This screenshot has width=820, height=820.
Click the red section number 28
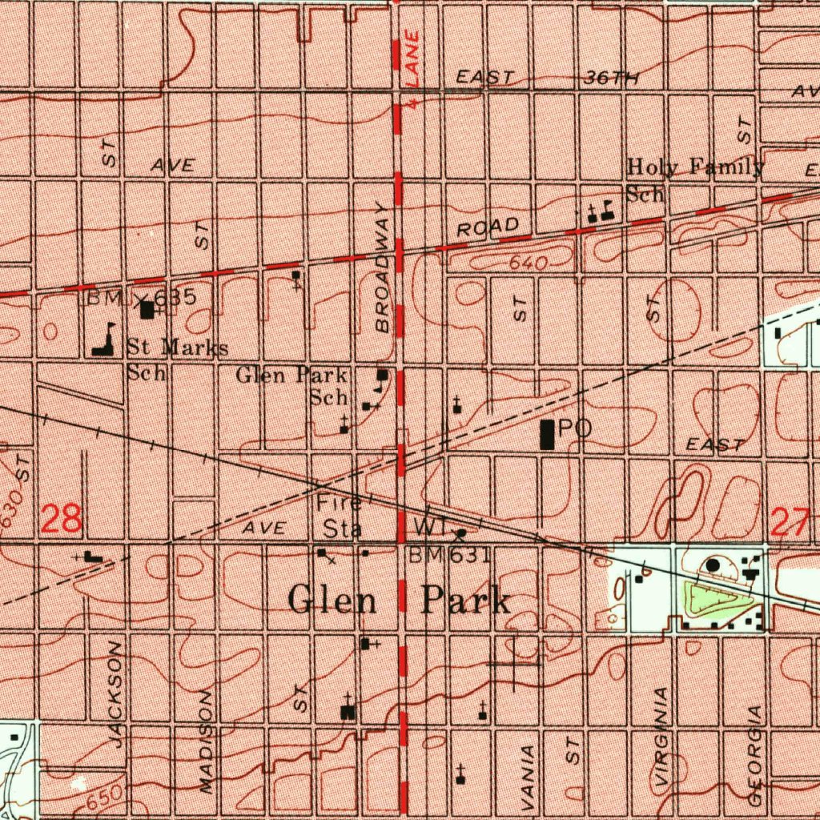[x=62, y=519]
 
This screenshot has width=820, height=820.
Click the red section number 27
[x=790, y=525]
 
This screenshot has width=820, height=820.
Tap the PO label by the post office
[x=575, y=429]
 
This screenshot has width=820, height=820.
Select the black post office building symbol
[x=548, y=433]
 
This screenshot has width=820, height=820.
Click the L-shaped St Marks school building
[x=103, y=342]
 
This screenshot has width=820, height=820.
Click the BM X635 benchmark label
[x=141, y=298]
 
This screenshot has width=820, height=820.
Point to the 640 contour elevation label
[x=527, y=263]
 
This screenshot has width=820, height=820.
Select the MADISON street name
[x=208, y=740]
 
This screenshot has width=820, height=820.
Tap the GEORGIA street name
[x=755, y=755]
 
